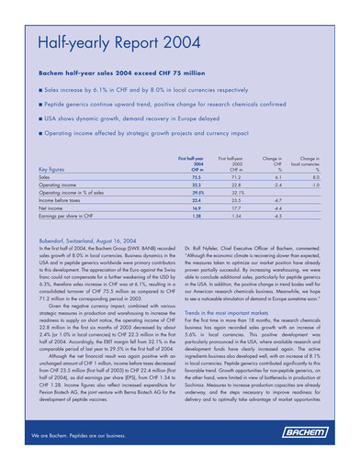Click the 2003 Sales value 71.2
(x=235, y=178)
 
